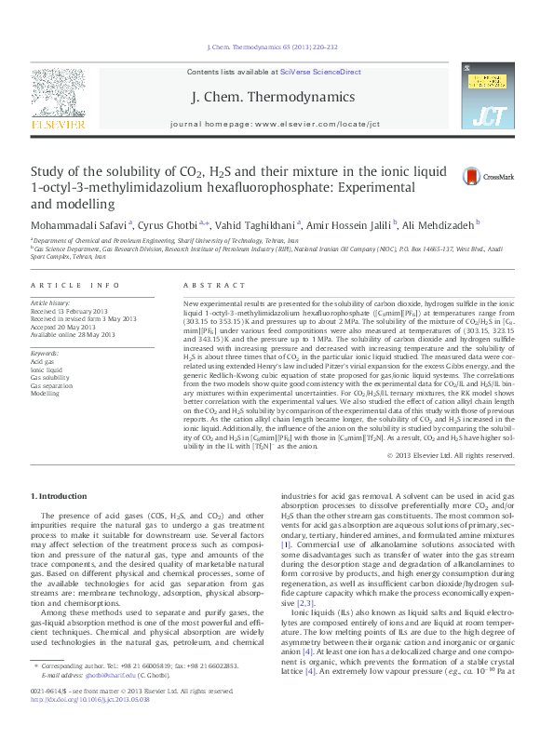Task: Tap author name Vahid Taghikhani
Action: click(260, 224)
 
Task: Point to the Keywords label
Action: click(46, 354)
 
